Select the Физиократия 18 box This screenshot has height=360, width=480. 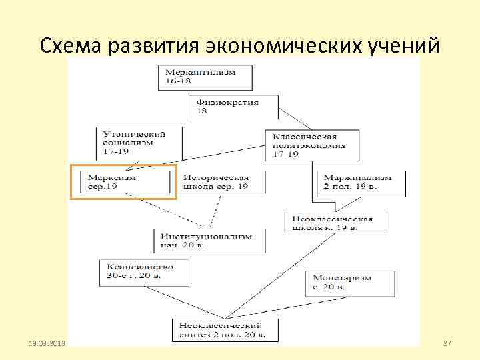[x=233, y=107]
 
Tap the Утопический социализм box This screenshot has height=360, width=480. [x=131, y=142]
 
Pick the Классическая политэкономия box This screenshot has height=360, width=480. [x=311, y=145]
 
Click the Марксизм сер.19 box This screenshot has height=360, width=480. [x=124, y=182]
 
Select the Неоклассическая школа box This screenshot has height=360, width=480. [x=334, y=223]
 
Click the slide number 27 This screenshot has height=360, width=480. [x=447, y=343]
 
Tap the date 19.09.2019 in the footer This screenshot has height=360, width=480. [x=47, y=343]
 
